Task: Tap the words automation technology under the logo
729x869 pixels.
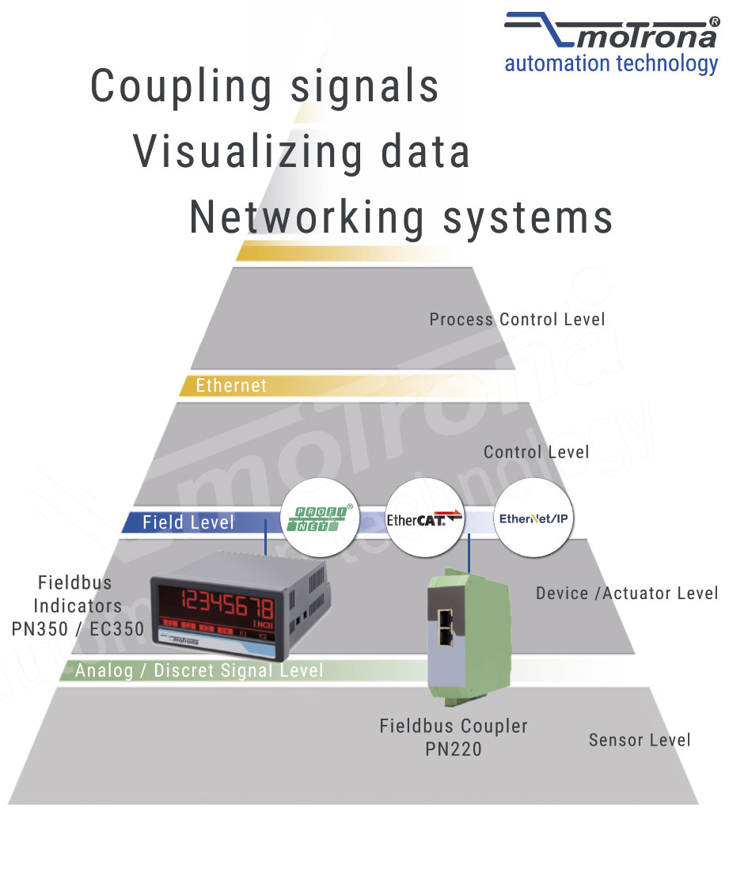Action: tap(611, 63)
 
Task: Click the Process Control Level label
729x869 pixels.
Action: tap(517, 320)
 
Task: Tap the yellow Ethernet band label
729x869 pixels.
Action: tap(231, 385)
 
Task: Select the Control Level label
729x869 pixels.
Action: tap(536, 452)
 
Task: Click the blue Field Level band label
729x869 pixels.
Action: tap(188, 522)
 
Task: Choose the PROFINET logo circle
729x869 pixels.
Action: tap(321, 518)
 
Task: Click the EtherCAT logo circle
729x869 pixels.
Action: tap(424, 518)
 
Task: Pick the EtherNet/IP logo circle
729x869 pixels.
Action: tap(533, 518)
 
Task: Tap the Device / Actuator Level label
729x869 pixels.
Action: tap(627, 593)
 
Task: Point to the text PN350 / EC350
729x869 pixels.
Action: tap(78, 629)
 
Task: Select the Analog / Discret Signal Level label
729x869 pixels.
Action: tap(199, 670)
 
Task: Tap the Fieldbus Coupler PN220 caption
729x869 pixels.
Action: tap(453, 737)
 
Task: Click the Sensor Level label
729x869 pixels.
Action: tap(639, 740)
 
